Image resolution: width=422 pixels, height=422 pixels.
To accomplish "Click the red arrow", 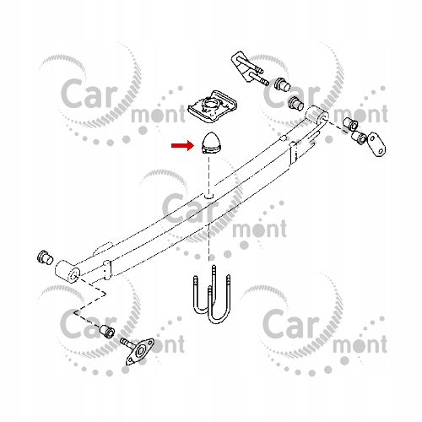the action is (x=183, y=145).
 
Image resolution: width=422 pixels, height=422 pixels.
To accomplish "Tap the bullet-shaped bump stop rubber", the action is (x=209, y=143).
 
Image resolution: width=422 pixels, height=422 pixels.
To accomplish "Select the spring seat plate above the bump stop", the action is (x=213, y=106).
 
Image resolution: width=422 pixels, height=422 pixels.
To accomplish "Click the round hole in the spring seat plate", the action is (x=209, y=103).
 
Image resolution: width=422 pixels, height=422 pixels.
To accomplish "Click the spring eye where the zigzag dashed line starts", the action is (x=68, y=271).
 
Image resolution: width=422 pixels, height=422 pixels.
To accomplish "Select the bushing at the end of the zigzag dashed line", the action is (x=107, y=331).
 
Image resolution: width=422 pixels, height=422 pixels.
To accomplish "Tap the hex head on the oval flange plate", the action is (x=140, y=351).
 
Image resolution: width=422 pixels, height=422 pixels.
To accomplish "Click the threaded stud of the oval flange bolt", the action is (x=127, y=343).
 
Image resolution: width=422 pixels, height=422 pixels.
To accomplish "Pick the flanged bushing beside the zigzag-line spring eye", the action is (x=45, y=257).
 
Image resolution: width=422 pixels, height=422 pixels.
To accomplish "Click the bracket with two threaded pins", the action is (x=246, y=68).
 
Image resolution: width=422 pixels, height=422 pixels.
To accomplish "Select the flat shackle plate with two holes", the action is (x=376, y=144).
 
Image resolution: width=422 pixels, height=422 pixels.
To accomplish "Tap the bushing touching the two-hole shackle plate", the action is (x=360, y=137).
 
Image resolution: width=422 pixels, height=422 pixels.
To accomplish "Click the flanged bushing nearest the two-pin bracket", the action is (x=281, y=84).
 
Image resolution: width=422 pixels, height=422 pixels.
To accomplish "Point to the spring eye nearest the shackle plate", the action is (x=316, y=115).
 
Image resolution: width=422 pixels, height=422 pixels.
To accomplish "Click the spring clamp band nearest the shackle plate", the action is (x=294, y=154).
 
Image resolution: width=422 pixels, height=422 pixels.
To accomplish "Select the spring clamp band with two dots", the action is (x=107, y=271).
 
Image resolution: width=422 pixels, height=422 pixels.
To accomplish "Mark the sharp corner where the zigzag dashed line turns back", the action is (x=74, y=312).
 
